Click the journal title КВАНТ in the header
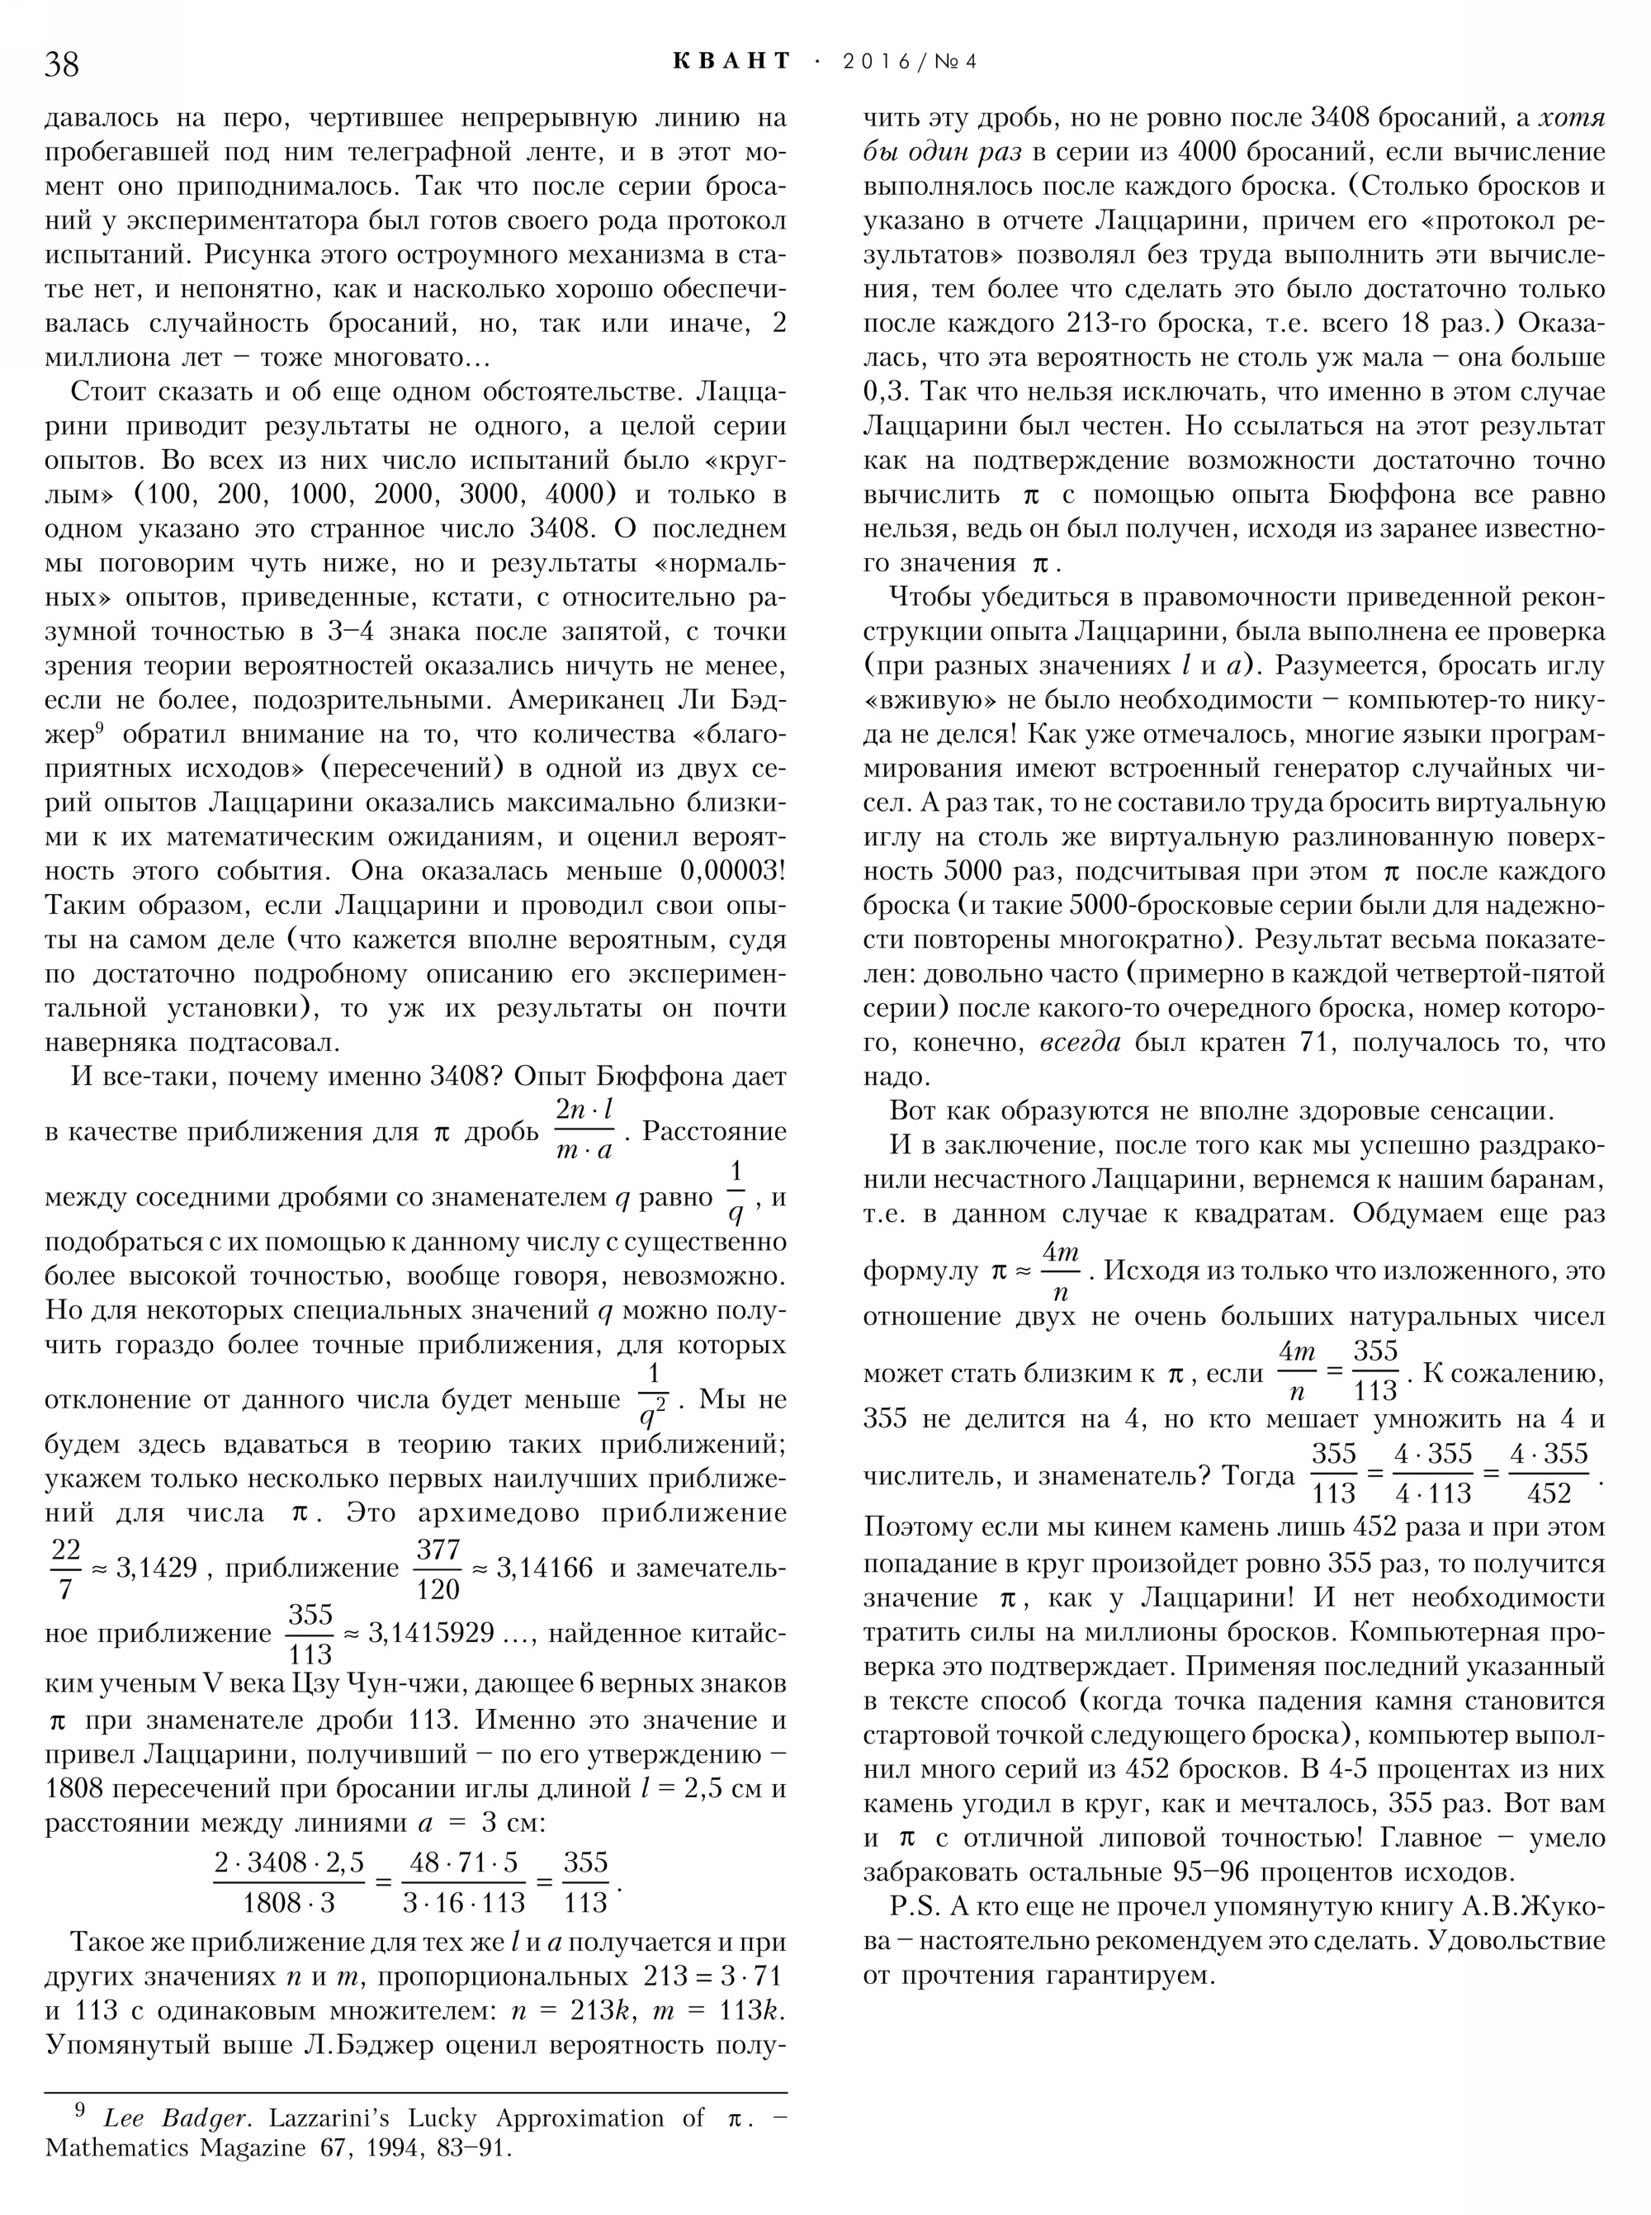pos(731,62)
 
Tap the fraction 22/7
pos(66,1569)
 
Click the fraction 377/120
pos(438,1569)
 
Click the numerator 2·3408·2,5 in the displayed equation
pos(289,1863)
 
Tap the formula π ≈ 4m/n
pos(1035,1271)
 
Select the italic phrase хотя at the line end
pos(1571,119)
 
